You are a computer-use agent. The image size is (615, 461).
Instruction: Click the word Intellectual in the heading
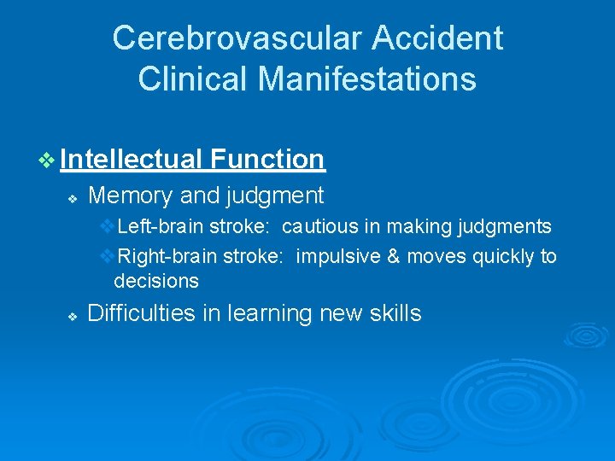coord(131,159)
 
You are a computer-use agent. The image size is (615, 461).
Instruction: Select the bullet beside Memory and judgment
coord(73,198)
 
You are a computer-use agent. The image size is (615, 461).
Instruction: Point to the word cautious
coord(314,227)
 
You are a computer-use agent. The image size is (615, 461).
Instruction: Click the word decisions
coord(156,281)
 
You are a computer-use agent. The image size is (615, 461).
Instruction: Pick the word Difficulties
coord(142,313)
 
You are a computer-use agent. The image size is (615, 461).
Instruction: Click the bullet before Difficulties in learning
coord(73,316)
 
